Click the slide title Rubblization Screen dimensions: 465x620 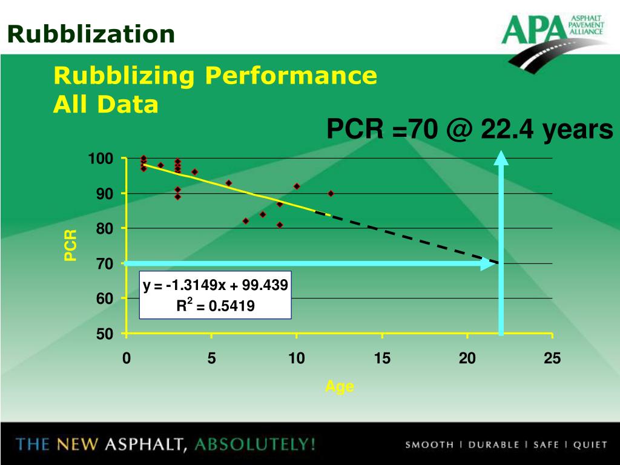click(x=91, y=33)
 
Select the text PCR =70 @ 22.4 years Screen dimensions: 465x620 click(x=470, y=130)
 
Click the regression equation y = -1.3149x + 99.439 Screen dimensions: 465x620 click(x=216, y=285)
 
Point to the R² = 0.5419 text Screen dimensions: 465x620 click(x=216, y=306)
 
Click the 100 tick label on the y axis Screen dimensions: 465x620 click(x=101, y=159)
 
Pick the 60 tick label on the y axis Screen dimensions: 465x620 click(x=105, y=299)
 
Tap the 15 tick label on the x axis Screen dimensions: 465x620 click(x=382, y=359)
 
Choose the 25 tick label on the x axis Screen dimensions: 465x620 click(x=552, y=359)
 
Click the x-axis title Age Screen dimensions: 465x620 click(x=339, y=387)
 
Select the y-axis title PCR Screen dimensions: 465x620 click(x=71, y=246)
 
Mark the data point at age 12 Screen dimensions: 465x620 click(x=331, y=194)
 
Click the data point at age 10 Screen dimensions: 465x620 click(x=297, y=186)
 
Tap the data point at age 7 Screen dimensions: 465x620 click(x=246, y=221)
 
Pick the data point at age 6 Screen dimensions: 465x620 click(x=228, y=183)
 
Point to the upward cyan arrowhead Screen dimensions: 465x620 click(x=501, y=157)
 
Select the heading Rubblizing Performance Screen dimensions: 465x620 click(x=215, y=76)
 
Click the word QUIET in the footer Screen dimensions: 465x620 click(x=590, y=445)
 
